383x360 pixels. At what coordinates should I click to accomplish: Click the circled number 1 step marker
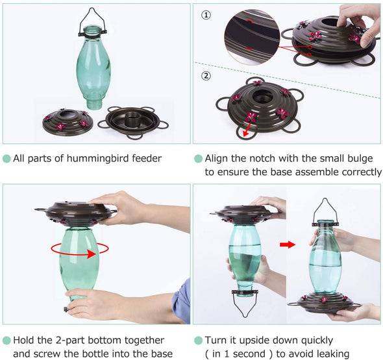click(x=206, y=15)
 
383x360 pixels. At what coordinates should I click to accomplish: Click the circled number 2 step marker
click(x=206, y=76)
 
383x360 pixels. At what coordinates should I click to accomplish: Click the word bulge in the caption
click(x=360, y=159)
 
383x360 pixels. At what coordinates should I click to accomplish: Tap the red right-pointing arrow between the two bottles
click(x=288, y=245)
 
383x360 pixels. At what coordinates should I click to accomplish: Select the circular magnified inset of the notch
click(x=252, y=37)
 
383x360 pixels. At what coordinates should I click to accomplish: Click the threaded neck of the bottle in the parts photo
click(x=93, y=104)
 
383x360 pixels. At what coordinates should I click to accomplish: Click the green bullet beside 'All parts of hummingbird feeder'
click(x=7, y=159)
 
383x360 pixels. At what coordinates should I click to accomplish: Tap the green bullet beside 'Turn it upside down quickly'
click(x=199, y=341)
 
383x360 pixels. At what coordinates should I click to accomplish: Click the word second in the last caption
click(x=250, y=354)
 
